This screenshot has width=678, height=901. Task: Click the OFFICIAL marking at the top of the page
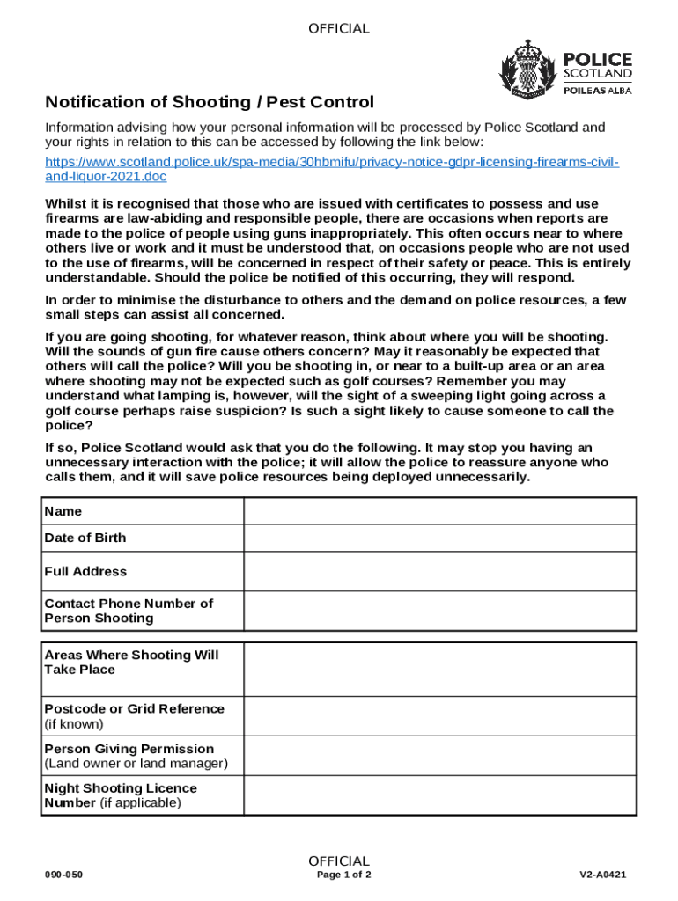click(339, 29)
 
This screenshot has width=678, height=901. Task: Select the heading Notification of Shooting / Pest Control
click(210, 102)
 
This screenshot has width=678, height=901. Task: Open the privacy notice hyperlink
click(332, 170)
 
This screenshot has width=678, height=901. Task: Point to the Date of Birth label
click(85, 538)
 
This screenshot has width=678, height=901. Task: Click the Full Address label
click(85, 571)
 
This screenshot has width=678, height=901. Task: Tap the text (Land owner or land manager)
click(136, 764)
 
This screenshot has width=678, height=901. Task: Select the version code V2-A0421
click(602, 875)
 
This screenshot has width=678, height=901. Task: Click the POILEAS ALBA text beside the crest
click(597, 90)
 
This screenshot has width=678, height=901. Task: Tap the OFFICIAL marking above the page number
click(339, 861)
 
